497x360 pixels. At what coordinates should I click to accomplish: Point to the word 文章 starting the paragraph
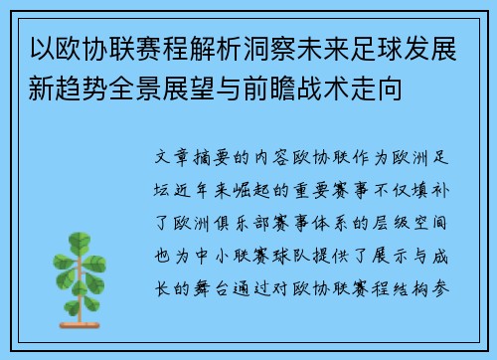tap(166, 158)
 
